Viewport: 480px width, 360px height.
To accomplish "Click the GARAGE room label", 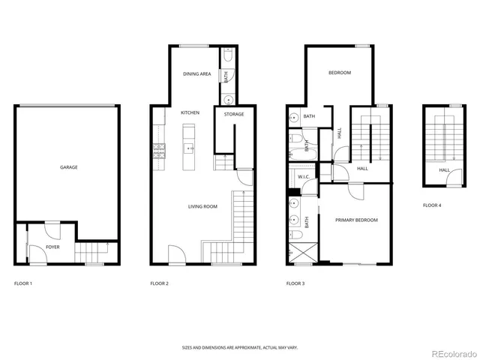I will pyautogui.click(x=69, y=167).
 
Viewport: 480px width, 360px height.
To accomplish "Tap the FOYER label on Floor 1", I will pyautogui.click(x=52, y=247).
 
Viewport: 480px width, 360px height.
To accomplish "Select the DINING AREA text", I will pyautogui.click(x=196, y=73).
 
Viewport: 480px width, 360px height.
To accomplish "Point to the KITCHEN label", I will pyautogui.click(x=190, y=112).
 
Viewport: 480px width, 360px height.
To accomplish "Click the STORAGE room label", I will pyautogui.click(x=234, y=114).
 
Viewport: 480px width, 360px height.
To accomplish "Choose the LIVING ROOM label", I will pyautogui.click(x=202, y=205).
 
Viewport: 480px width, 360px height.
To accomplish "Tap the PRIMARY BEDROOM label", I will pyautogui.click(x=356, y=220).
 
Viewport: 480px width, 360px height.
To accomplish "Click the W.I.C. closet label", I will pyautogui.click(x=304, y=177).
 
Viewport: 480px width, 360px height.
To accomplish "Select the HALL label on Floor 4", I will pyautogui.click(x=444, y=170).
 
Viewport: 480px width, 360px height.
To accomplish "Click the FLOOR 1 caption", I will pyautogui.click(x=23, y=283).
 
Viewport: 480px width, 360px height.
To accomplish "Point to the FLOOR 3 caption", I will pyautogui.click(x=295, y=283).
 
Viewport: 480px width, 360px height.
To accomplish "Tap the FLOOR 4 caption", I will pyautogui.click(x=431, y=205).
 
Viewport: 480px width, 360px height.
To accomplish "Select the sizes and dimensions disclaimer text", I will pyautogui.click(x=239, y=347).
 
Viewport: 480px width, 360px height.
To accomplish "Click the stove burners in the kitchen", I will pyautogui.click(x=158, y=149).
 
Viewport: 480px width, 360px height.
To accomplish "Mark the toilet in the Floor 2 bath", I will pyautogui.click(x=227, y=55).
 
